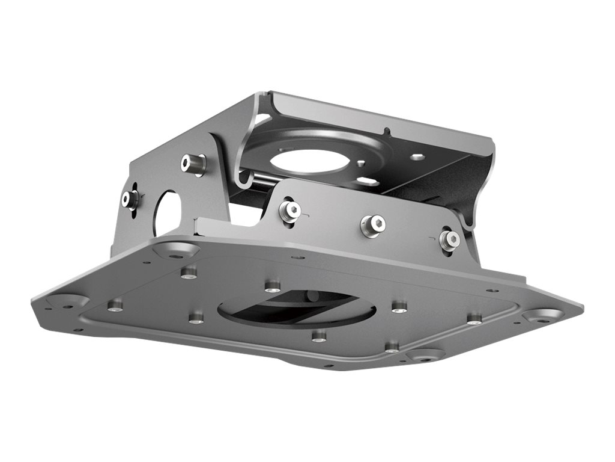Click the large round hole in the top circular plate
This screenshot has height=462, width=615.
pyautogui.click(x=306, y=161)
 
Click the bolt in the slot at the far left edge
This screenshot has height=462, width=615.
pyautogui.click(x=130, y=199)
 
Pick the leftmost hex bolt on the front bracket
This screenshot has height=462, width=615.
pyautogui.click(x=290, y=210)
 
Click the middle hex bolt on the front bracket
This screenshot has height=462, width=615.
pyautogui.click(x=372, y=226)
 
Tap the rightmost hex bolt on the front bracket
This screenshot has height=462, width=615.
pyautogui.click(x=449, y=239)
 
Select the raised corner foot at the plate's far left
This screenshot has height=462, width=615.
pyautogui.click(x=67, y=301)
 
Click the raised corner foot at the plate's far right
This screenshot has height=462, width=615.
pyautogui.click(x=543, y=315)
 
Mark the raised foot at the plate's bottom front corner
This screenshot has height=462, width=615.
pyautogui.click(x=426, y=355)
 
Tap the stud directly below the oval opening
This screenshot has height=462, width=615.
pyautogui.click(x=320, y=335)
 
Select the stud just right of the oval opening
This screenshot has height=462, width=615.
pyautogui.click(x=399, y=306)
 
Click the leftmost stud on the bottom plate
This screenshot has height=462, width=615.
pyautogui.click(x=115, y=305)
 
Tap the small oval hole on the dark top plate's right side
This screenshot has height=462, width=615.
pyautogui.click(x=419, y=157)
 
